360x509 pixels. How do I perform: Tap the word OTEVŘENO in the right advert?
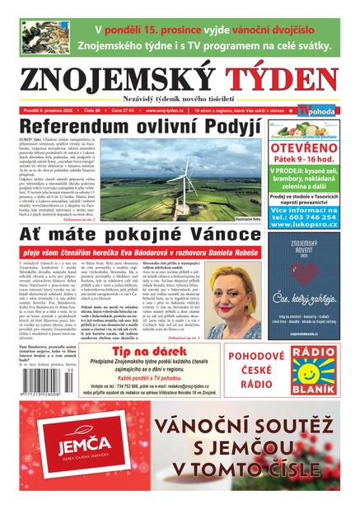click(303, 151)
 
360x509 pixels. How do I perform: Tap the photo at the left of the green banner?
click(45, 37)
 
